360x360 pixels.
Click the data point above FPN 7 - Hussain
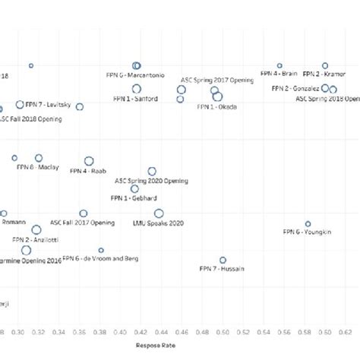coord(223,260)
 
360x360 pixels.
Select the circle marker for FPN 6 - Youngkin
coord(308,224)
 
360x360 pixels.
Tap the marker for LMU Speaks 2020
coord(159,214)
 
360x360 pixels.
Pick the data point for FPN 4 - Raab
coord(89,161)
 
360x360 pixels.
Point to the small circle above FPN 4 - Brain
coord(279,66)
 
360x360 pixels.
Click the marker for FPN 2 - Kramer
coord(325,66)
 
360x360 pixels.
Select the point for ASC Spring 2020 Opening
coord(152,172)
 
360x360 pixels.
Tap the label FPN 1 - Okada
coord(216,107)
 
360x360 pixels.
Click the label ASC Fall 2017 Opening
coord(82,223)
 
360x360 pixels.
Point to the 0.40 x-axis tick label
coord(120,332)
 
